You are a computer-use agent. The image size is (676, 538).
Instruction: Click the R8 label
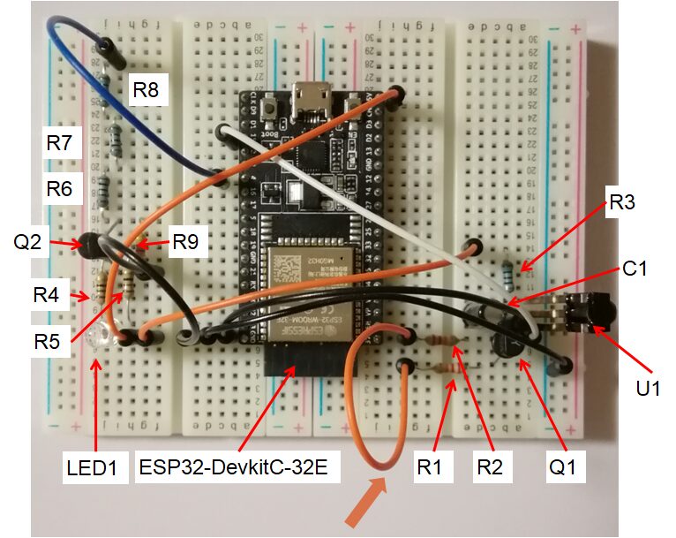(146, 88)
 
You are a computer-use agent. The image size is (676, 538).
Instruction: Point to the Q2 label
(26, 241)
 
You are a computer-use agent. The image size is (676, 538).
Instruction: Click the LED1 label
(92, 466)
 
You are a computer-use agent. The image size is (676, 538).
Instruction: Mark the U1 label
(651, 386)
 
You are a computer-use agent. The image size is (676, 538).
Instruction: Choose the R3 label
(623, 205)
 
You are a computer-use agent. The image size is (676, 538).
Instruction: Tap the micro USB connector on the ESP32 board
(312, 91)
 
